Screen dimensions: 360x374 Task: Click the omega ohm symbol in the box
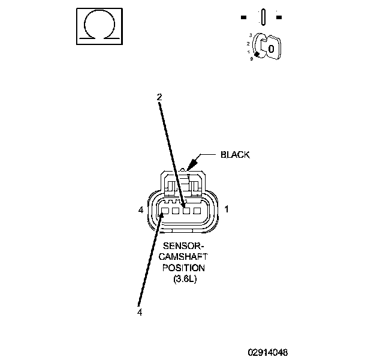click(98, 26)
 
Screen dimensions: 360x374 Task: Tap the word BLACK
click(235, 155)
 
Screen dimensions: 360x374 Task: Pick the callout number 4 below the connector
click(139, 312)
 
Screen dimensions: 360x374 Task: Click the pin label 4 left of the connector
click(140, 210)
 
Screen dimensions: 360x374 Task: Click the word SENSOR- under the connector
click(185, 246)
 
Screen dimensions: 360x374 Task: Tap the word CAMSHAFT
click(185, 257)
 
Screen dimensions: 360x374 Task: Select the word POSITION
click(185, 268)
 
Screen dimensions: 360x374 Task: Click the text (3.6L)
click(185, 278)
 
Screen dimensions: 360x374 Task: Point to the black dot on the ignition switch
click(257, 55)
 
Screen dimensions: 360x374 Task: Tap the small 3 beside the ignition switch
click(251, 37)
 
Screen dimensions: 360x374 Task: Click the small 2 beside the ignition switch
click(248, 44)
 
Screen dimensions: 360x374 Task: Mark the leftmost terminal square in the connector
click(165, 211)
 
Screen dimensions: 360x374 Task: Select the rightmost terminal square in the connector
click(197, 211)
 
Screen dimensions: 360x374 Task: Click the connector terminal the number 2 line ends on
click(186, 211)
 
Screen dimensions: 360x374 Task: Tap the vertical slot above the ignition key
click(262, 17)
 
